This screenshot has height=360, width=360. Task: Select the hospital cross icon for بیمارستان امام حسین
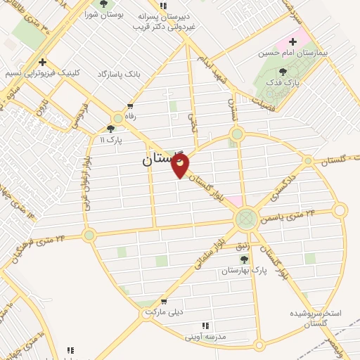click(x=292, y=42)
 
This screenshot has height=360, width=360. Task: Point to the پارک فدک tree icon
click(x=283, y=72)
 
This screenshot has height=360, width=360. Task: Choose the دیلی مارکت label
click(x=164, y=311)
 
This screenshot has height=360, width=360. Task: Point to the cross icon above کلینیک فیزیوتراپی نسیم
click(x=43, y=62)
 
